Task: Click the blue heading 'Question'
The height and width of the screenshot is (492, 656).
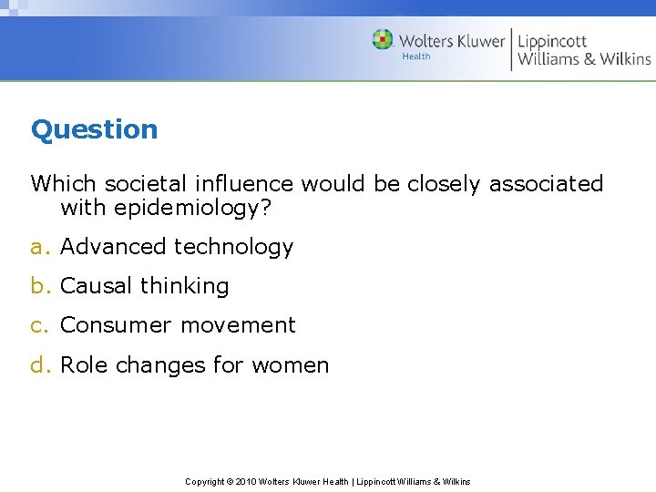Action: pyautogui.click(x=94, y=129)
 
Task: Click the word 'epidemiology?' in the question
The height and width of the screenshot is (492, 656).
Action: pyautogui.click(x=193, y=208)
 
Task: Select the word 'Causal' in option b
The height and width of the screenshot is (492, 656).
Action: pyautogui.click(x=95, y=286)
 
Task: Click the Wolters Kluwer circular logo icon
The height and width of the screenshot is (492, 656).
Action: pyautogui.click(x=383, y=39)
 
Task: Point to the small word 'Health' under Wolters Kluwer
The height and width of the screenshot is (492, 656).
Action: pyautogui.click(x=415, y=56)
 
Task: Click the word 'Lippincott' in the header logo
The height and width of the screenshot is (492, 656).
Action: pyautogui.click(x=552, y=41)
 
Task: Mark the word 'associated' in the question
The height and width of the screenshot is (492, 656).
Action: pyautogui.click(x=547, y=183)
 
